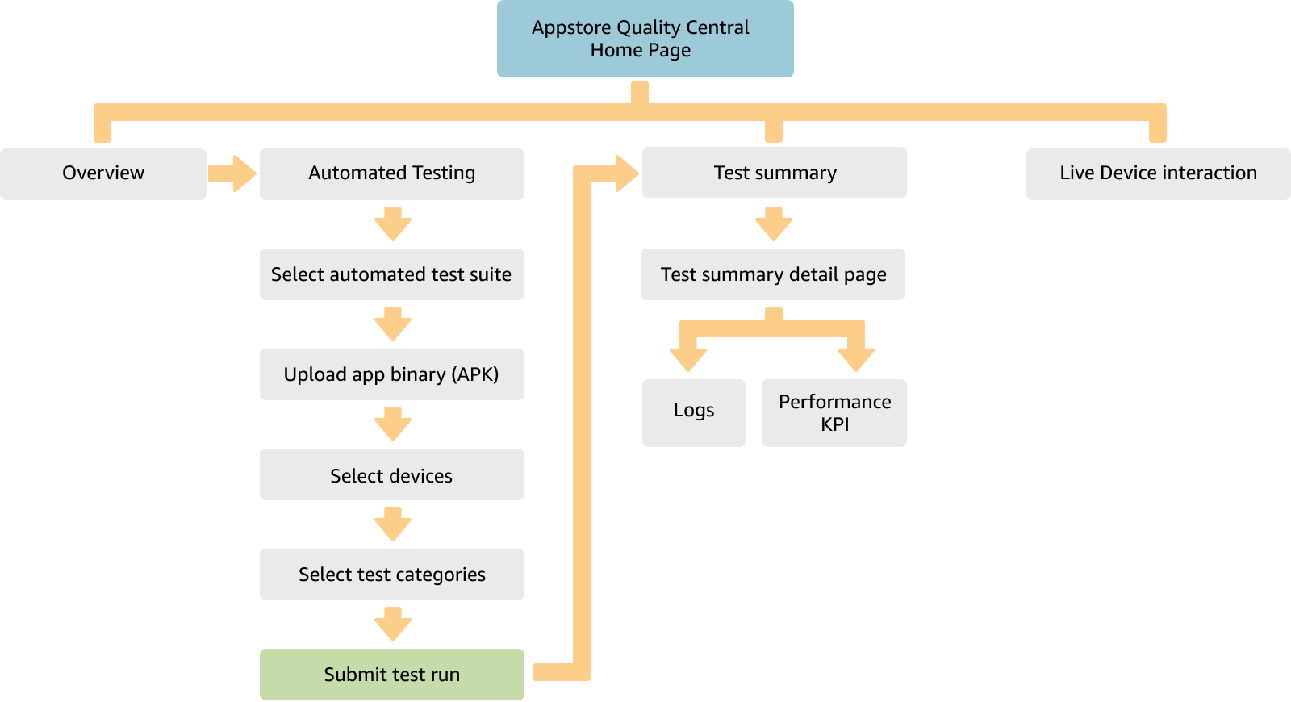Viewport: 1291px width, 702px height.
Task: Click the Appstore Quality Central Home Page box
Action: point(645,39)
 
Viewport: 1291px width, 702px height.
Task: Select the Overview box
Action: point(103,173)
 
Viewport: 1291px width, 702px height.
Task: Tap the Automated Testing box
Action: point(391,173)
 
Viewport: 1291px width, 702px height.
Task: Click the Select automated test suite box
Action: point(391,274)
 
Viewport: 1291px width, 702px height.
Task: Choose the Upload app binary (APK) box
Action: point(391,374)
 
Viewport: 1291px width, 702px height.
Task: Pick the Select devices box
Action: point(391,475)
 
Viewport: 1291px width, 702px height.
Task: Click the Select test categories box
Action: point(391,575)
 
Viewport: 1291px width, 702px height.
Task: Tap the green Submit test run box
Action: point(391,675)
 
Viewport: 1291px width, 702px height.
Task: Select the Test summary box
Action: point(774,173)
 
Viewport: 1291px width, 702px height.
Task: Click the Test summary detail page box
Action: point(772,274)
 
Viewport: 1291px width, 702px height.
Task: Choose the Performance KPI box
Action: point(834,412)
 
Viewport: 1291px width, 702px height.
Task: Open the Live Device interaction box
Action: point(1158,173)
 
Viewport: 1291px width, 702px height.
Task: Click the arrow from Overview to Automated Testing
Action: point(233,173)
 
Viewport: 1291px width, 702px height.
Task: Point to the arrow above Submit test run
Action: point(393,625)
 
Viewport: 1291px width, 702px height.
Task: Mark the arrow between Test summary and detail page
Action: point(774,224)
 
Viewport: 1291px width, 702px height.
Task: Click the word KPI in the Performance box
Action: point(834,425)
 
